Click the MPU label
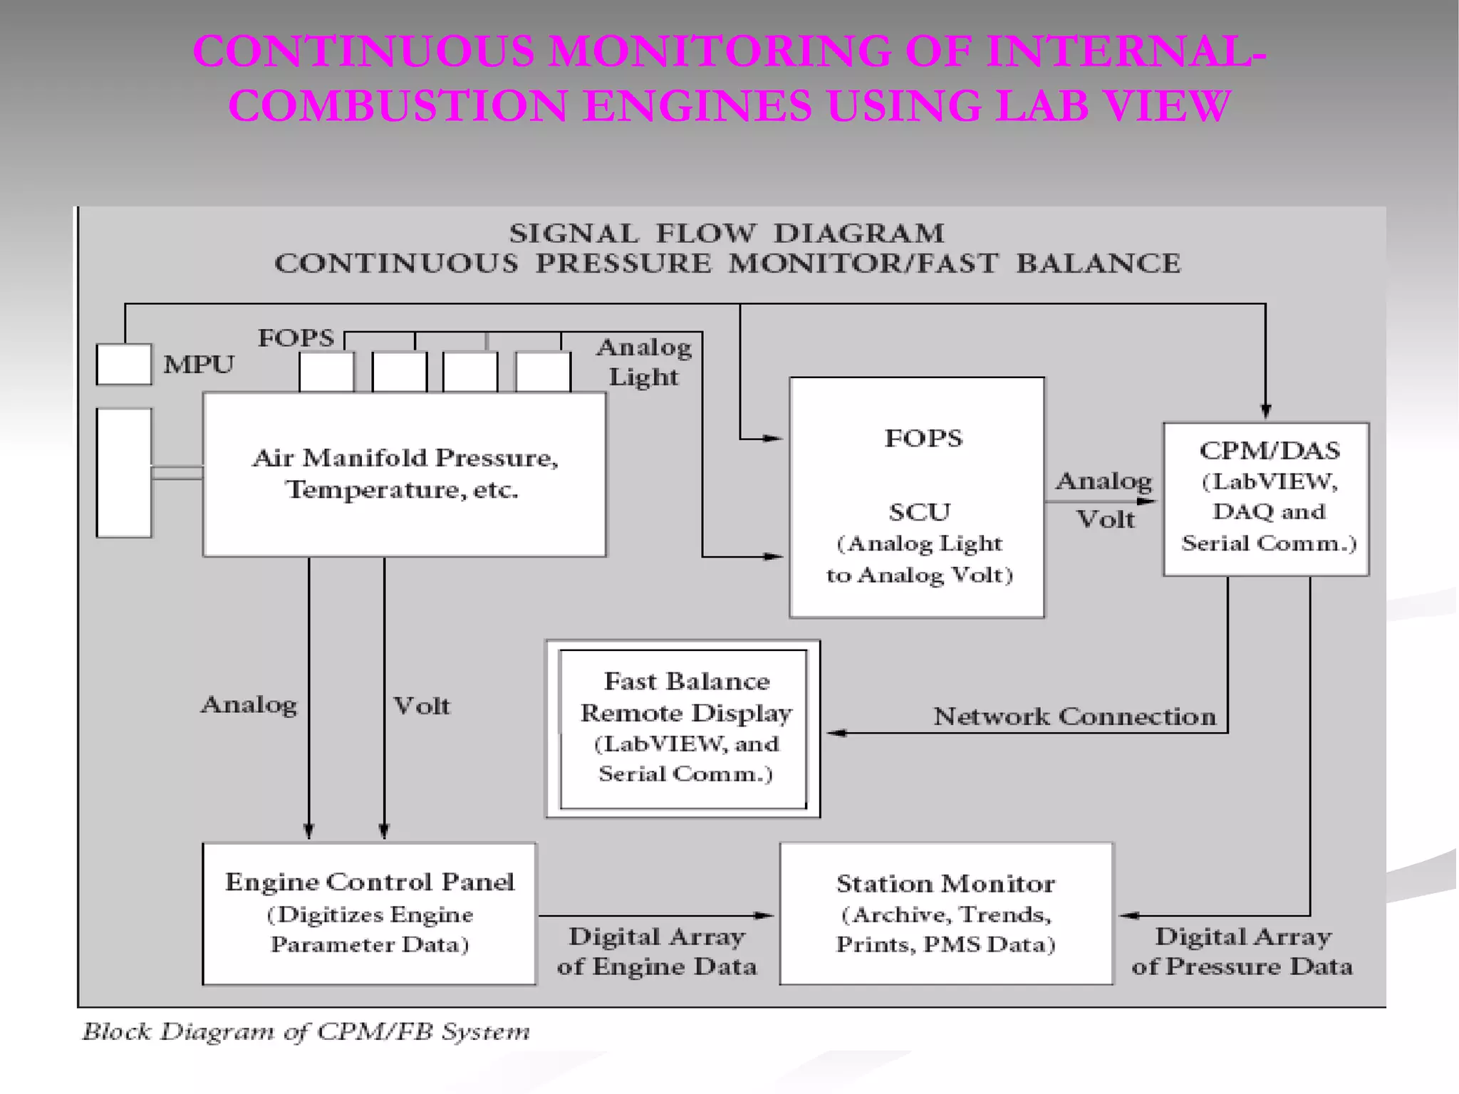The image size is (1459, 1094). point(198,365)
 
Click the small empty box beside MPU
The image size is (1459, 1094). point(124,365)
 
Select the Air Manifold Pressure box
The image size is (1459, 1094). point(405,474)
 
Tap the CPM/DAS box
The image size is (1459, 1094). point(1266,499)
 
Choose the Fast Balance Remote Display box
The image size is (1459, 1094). point(683,728)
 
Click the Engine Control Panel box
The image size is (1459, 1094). point(369,913)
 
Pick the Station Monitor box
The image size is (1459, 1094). point(945,913)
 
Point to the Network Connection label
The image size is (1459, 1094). point(1074,716)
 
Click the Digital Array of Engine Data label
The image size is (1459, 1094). point(656,952)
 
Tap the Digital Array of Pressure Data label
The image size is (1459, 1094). point(1242,952)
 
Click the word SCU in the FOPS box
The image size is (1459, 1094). point(919,512)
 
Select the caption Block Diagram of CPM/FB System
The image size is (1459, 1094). point(306,1031)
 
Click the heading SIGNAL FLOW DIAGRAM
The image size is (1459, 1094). point(727,234)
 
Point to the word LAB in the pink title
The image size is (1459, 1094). point(1042,106)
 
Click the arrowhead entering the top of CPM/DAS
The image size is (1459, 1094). point(1266,412)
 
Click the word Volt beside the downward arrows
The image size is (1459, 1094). point(422,706)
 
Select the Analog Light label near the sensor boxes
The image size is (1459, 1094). point(643,362)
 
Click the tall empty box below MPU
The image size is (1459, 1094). point(124,473)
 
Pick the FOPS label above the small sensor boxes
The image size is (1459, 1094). point(296,338)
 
